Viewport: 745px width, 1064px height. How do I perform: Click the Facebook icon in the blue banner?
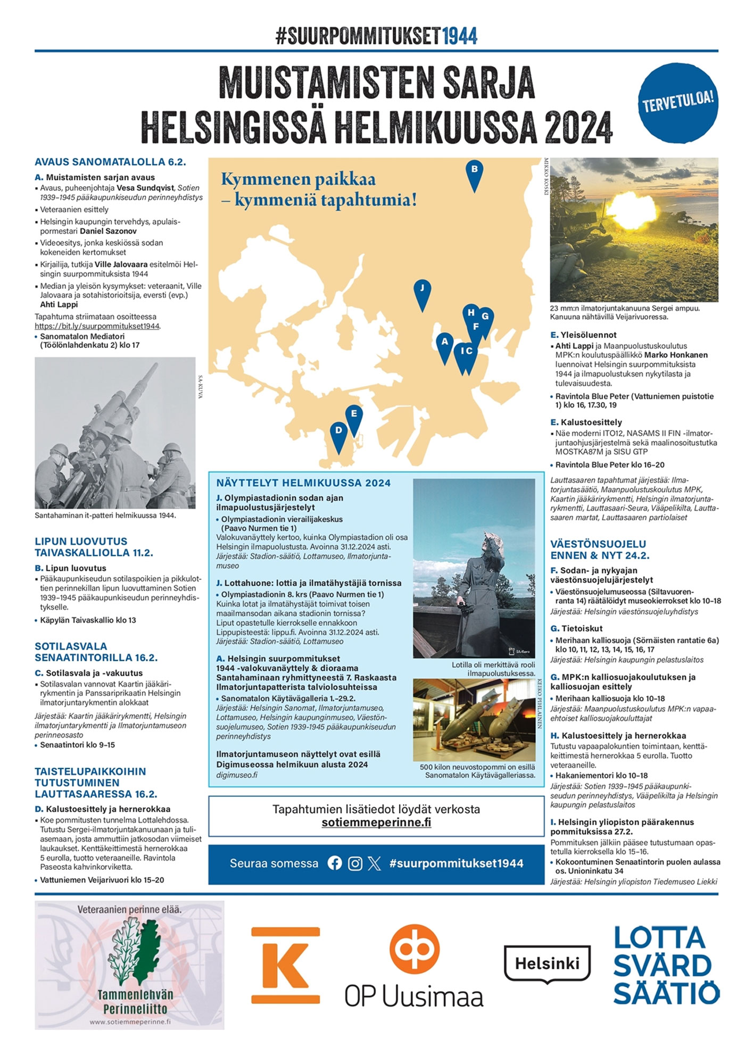(x=335, y=863)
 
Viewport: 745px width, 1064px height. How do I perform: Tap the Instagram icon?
(x=355, y=863)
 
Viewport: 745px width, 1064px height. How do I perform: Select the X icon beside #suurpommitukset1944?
(x=375, y=863)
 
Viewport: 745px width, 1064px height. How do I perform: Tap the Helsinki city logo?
(x=547, y=963)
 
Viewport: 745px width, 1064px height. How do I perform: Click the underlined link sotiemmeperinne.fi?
(x=376, y=822)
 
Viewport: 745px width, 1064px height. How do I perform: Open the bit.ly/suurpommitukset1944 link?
(x=97, y=326)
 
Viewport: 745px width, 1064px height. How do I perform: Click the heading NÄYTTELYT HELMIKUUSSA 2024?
(x=303, y=483)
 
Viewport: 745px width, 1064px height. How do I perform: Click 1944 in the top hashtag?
(x=460, y=36)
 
